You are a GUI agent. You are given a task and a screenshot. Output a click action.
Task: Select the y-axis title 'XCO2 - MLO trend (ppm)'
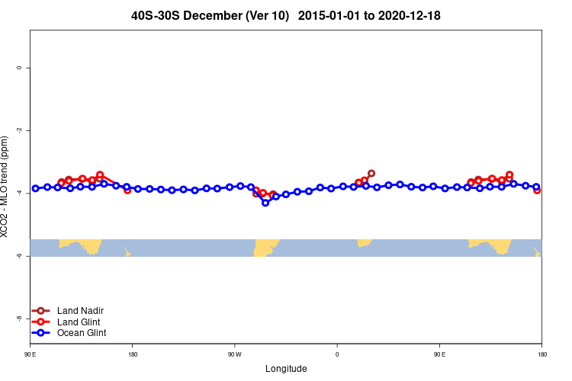[x=6, y=187]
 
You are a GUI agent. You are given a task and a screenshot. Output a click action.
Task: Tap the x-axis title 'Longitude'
[x=286, y=369]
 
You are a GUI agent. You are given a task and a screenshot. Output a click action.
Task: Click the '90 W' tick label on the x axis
[x=234, y=354]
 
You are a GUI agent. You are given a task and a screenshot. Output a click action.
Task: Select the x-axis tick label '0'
[x=337, y=354]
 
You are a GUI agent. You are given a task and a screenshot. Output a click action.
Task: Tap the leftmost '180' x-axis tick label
[x=133, y=354]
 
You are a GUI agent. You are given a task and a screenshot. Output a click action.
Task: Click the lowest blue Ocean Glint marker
[x=265, y=203]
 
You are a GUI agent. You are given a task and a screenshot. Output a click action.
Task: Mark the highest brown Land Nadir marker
[x=371, y=174]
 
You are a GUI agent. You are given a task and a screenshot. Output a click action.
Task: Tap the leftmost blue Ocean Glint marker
[x=35, y=188]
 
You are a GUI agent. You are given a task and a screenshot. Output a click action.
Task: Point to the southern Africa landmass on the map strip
[x=364, y=242]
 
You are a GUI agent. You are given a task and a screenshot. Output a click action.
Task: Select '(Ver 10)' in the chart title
[x=268, y=15]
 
